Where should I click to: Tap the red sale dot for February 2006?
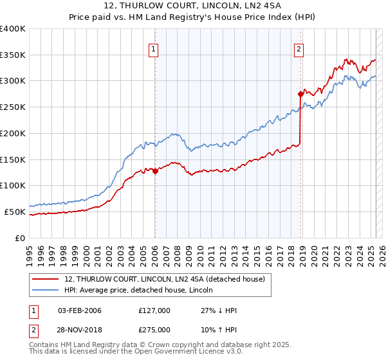pos(155,172)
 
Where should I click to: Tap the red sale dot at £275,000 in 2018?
pos(300,94)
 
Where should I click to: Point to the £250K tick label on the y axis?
pos(13,107)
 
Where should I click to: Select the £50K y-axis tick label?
pos(15,212)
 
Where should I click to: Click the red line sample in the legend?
pos(45,278)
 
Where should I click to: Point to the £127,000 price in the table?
pos(154,310)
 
